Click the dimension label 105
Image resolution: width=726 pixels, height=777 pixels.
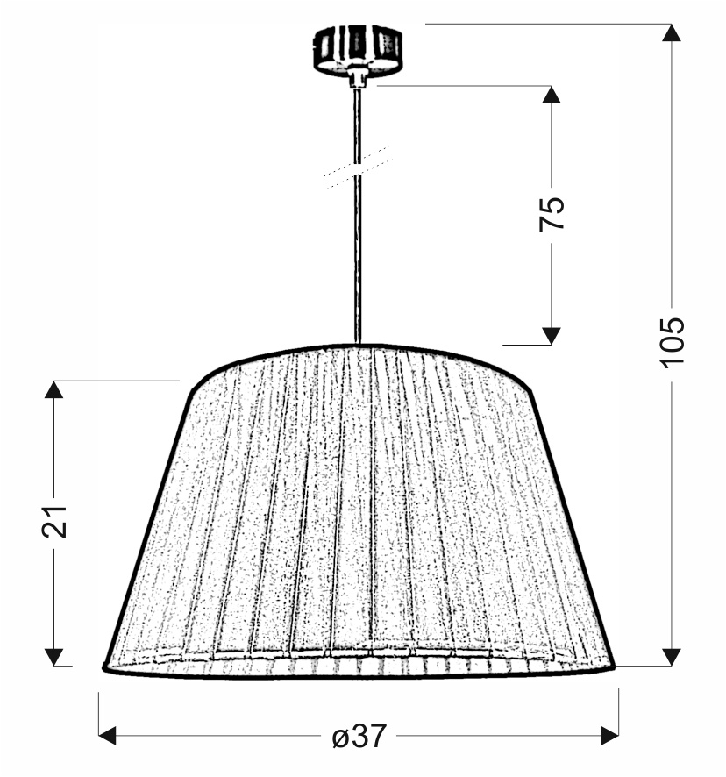click(672, 342)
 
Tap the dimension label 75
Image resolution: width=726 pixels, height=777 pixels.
click(552, 214)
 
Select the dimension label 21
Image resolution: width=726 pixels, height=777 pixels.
click(54, 521)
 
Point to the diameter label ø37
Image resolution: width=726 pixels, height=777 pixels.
click(359, 736)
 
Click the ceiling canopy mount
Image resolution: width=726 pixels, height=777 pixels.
click(358, 52)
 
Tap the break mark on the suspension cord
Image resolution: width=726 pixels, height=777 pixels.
click(358, 167)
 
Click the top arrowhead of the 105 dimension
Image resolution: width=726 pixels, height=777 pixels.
click(672, 32)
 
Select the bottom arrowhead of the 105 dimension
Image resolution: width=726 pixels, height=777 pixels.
click(672, 657)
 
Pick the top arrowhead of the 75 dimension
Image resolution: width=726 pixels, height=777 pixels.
click(551, 95)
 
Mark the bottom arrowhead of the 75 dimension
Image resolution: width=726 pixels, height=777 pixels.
click(551, 336)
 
